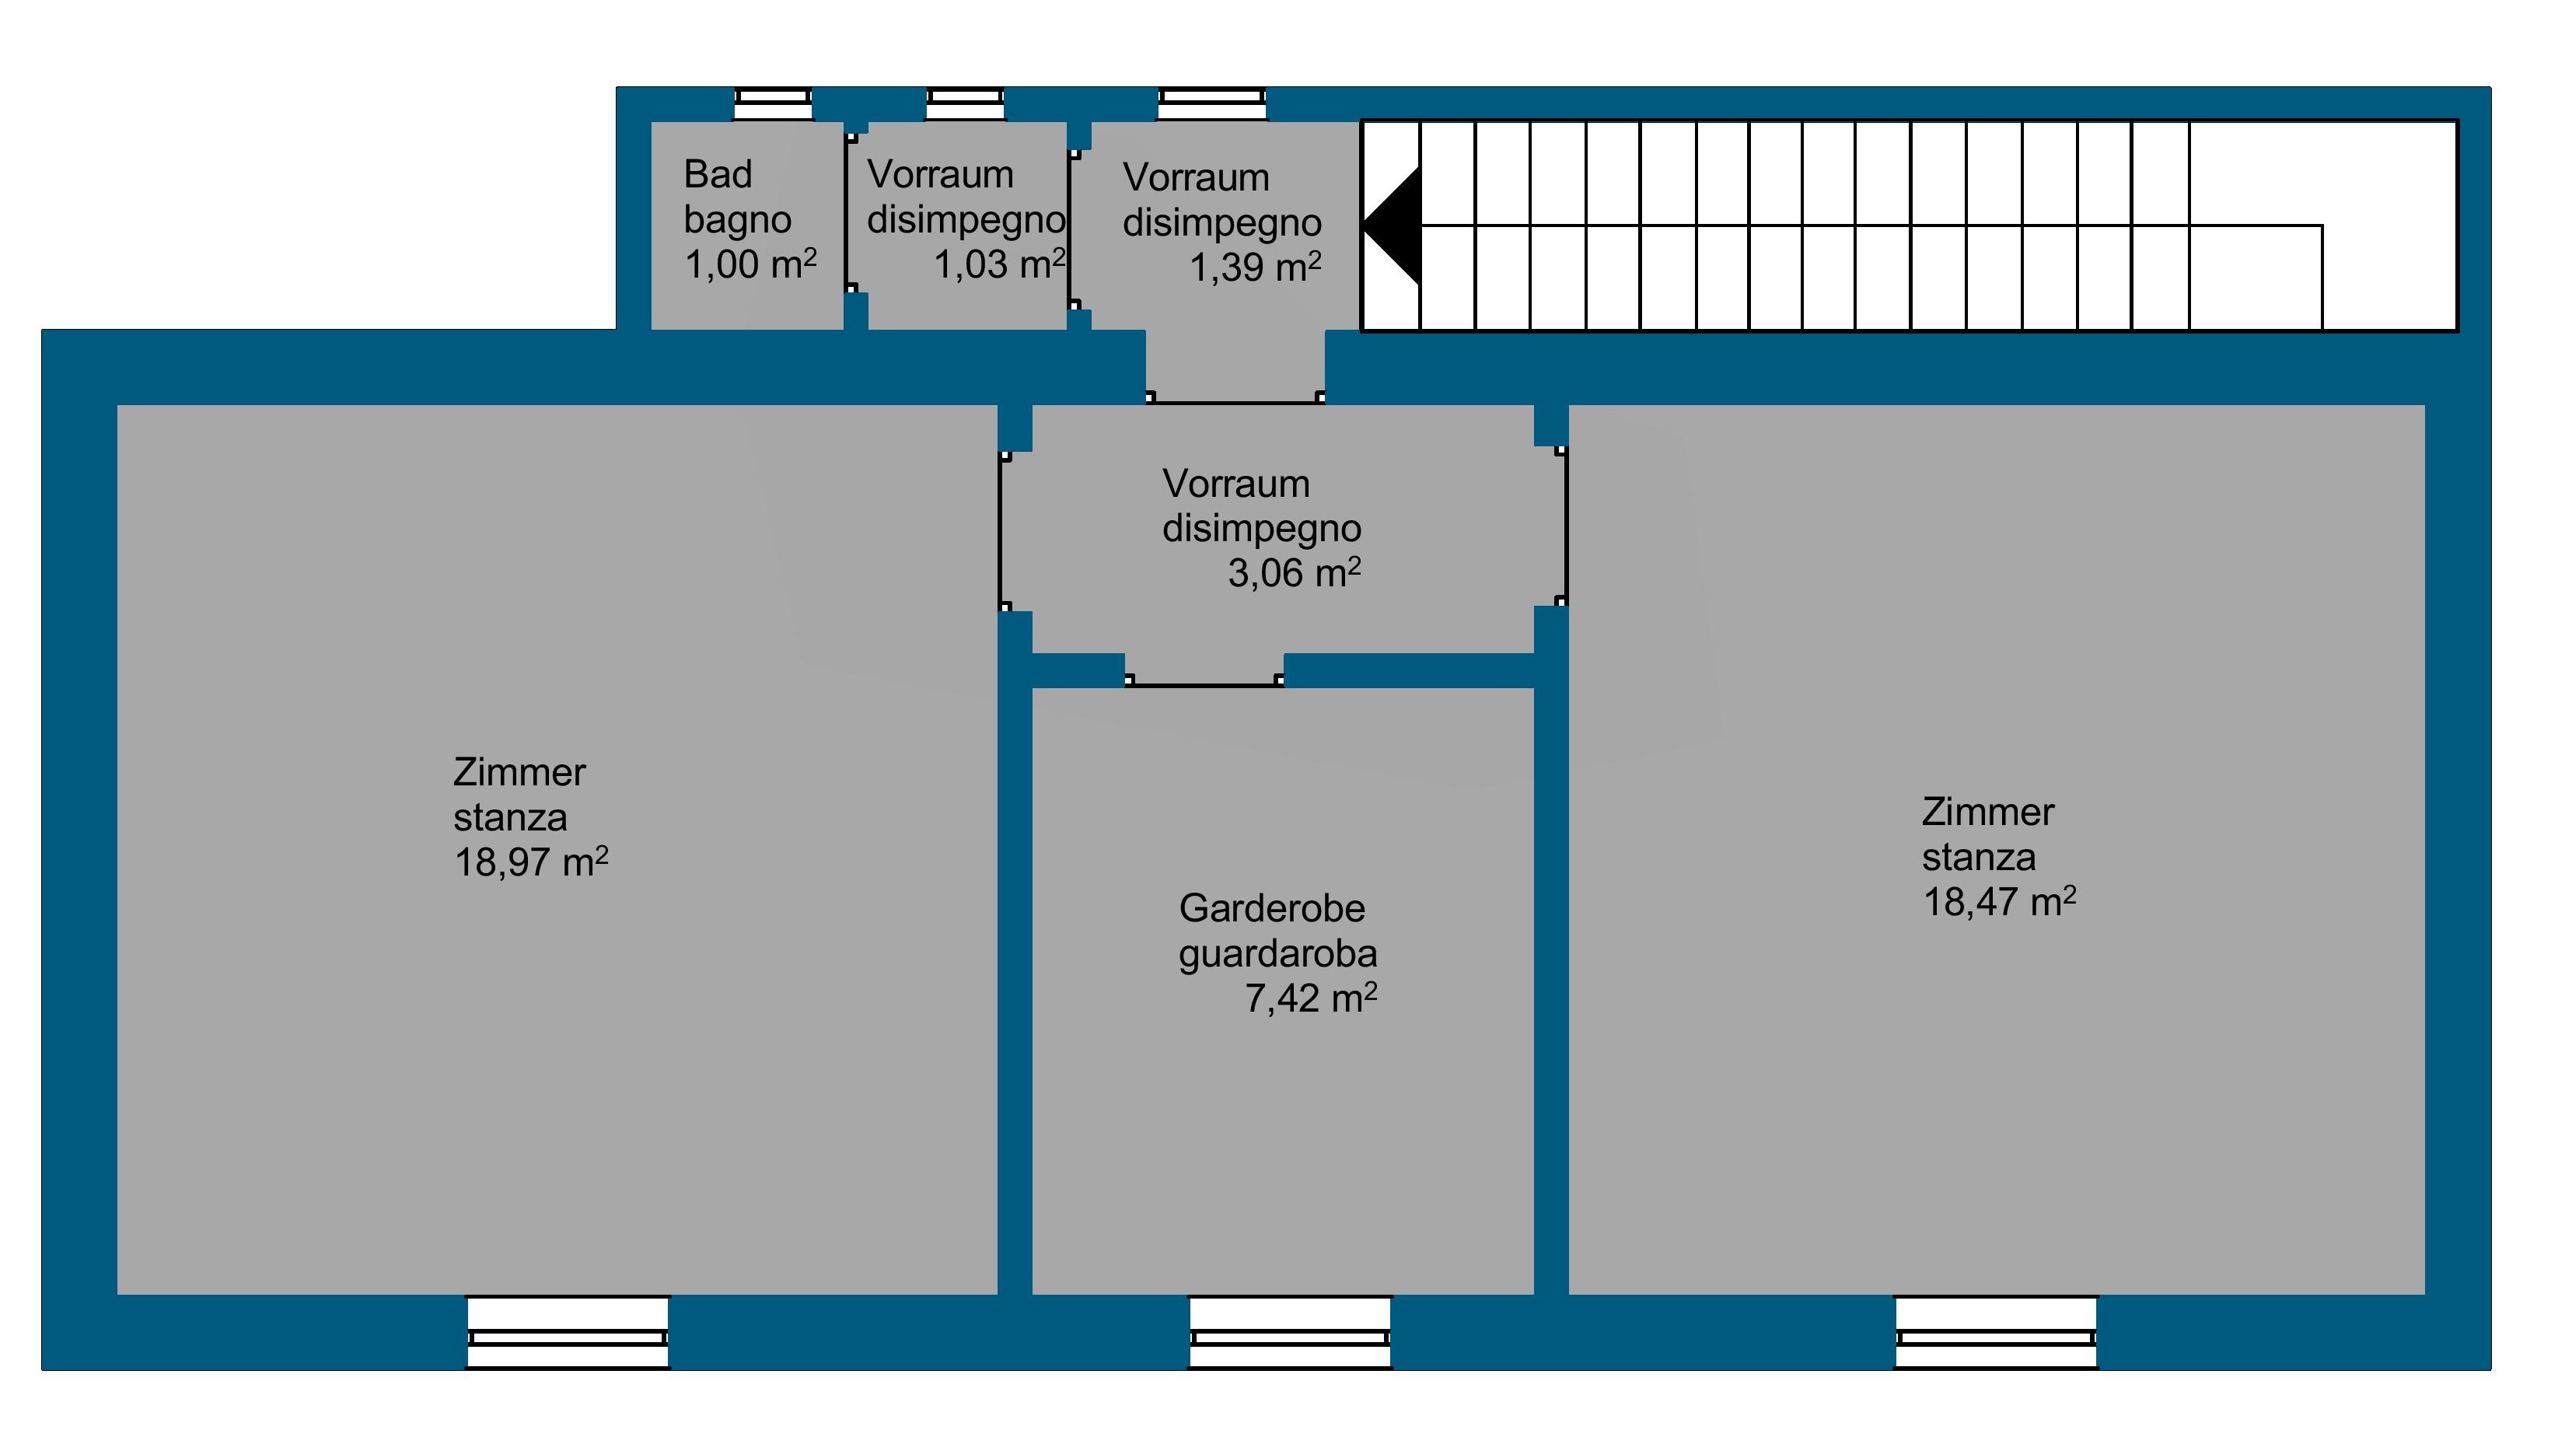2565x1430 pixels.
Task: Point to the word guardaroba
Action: (x=1278, y=953)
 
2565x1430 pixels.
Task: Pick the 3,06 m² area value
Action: (x=1295, y=572)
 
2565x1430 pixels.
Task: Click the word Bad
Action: (x=718, y=174)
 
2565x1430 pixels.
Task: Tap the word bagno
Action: (x=738, y=220)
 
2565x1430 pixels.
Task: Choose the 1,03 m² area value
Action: (x=1000, y=264)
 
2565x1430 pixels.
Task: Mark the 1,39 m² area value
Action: (x=1256, y=267)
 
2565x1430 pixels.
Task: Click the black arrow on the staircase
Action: (x=1391, y=226)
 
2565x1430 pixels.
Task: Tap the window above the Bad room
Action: (x=773, y=104)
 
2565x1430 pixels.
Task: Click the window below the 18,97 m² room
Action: (x=568, y=1332)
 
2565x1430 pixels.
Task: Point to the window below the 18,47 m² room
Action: (x=1995, y=1332)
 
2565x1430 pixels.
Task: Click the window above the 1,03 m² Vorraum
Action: (x=965, y=104)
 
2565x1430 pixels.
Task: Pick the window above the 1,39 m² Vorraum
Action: (x=1212, y=104)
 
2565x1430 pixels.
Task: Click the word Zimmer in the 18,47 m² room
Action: (x=1987, y=812)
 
